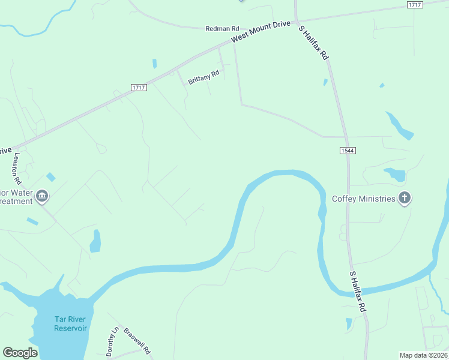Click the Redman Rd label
point(222,28)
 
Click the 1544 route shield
point(348,150)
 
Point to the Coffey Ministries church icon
point(405,198)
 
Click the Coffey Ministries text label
point(364,199)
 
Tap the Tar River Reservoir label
point(70,324)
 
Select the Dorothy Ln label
point(112,341)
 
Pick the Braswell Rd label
point(137,340)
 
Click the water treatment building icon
point(42,196)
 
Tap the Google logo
point(20,353)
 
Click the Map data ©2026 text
point(423,355)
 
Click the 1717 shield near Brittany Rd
point(139,88)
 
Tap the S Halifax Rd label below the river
point(358,290)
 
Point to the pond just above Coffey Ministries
point(395,175)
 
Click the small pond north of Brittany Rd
point(154,63)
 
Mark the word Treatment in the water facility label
point(16,202)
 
